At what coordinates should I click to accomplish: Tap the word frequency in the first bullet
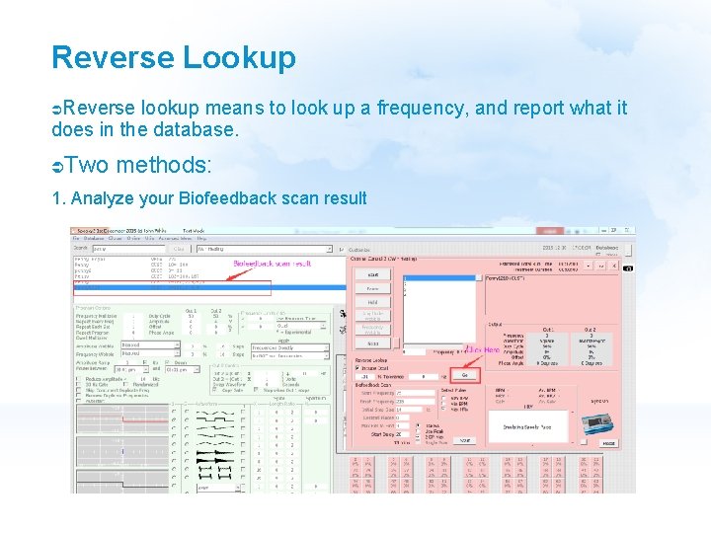pos(463,108)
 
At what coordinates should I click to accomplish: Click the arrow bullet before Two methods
pos(58,164)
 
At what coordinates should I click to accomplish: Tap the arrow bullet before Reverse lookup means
pos(58,108)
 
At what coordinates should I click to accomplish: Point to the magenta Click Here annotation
pos(483,350)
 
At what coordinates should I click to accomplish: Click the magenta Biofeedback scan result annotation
pos(272,264)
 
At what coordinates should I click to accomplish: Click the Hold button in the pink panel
pos(372,303)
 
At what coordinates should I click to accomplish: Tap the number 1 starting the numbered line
pos(56,198)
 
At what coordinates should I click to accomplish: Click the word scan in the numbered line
pos(298,198)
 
